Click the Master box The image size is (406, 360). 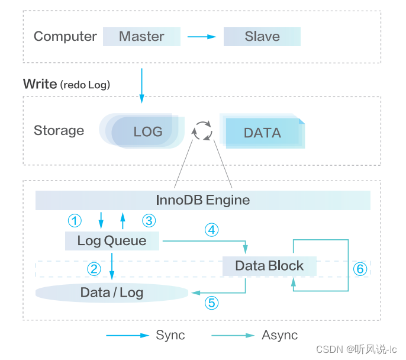pyautogui.click(x=141, y=37)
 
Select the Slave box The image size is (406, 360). pyautogui.click(x=262, y=37)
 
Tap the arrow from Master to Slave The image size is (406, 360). pyautogui.click(x=202, y=37)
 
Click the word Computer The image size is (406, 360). pyautogui.click(x=65, y=37)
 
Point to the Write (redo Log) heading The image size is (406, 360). pyautogui.click(x=66, y=84)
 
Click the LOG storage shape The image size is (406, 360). pyautogui.click(x=145, y=131)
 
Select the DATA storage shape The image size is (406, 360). pyautogui.click(x=262, y=132)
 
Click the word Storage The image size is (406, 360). pyautogui.click(x=59, y=131)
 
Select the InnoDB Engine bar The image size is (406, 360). pyautogui.click(x=202, y=200)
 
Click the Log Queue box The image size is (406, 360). pyautogui.click(x=112, y=241)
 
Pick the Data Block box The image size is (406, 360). pyautogui.click(x=269, y=266)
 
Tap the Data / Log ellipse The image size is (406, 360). pyautogui.click(x=112, y=292)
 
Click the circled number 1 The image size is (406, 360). pyautogui.click(x=74, y=221)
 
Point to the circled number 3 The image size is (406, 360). pyautogui.click(x=149, y=221)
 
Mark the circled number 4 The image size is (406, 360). pyautogui.click(x=211, y=230)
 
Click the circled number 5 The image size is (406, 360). pyautogui.click(x=211, y=303)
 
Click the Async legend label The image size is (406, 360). pyautogui.click(x=279, y=335)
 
